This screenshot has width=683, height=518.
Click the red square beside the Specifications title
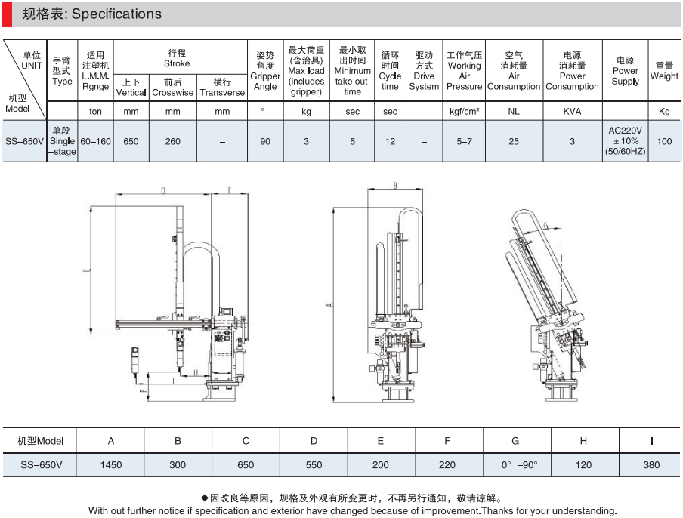click(x=6, y=14)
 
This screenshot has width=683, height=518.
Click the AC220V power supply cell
click(x=625, y=140)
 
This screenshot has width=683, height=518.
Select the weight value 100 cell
click(x=664, y=141)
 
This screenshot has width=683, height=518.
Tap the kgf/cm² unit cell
click(x=464, y=112)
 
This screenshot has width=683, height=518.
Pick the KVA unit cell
click(x=572, y=112)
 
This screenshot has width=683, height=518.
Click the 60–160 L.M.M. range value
click(x=95, y=141)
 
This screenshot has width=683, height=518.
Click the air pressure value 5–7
click(x=464, y=141)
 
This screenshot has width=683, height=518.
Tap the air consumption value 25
click(x=514, y=141)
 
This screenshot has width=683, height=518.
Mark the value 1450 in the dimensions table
click(x=111, y=465)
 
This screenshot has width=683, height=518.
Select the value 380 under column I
click(x=651, y=465)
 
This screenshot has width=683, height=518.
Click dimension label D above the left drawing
click(x=162, y=192)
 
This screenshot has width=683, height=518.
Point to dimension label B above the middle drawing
click(x=395, y=185)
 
